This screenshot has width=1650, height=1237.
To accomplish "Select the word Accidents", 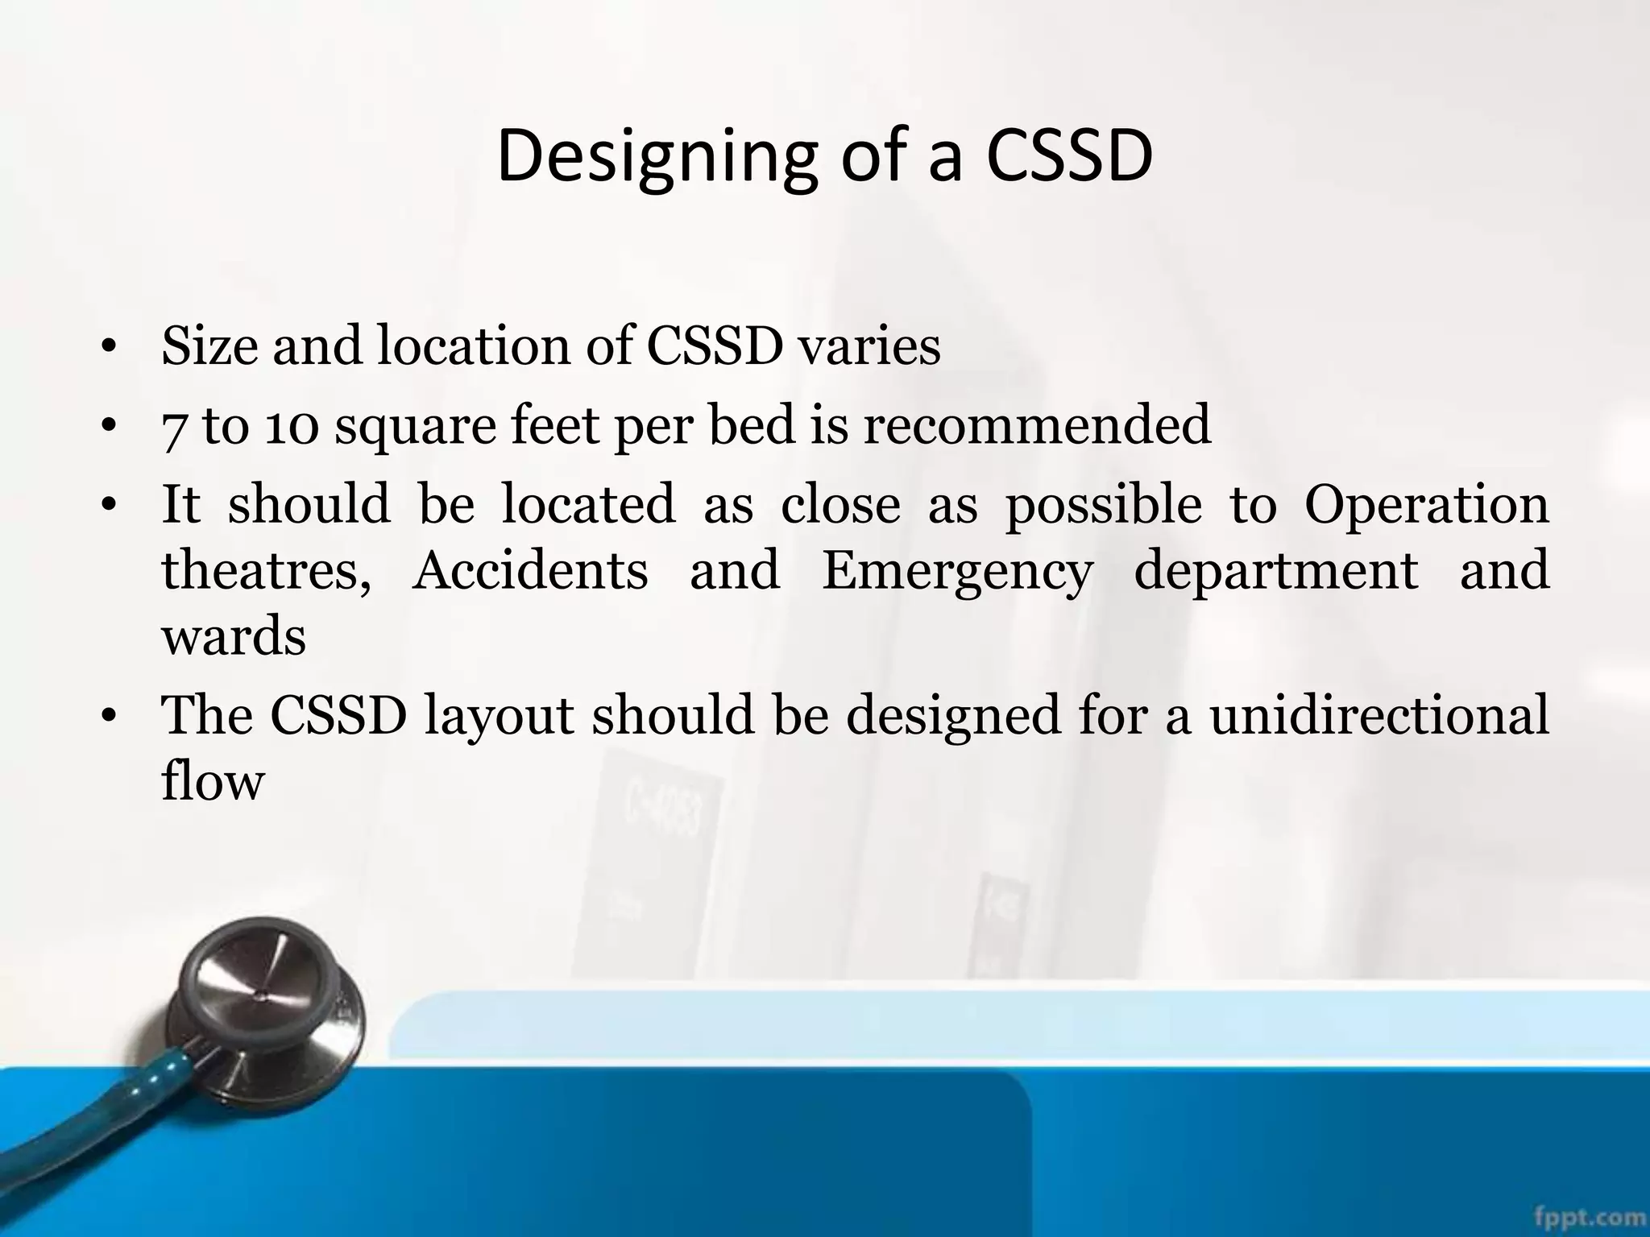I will (529, 570).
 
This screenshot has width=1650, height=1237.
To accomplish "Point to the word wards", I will (234, 636).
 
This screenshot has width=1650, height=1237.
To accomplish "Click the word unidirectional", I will (1378, 714).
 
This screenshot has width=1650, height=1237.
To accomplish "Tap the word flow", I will (213, 780).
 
